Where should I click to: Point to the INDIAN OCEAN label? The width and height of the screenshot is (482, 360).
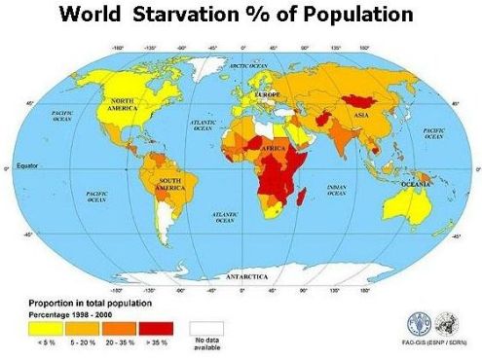pos(338,193)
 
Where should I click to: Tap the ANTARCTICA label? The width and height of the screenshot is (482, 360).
pos(248,276)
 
